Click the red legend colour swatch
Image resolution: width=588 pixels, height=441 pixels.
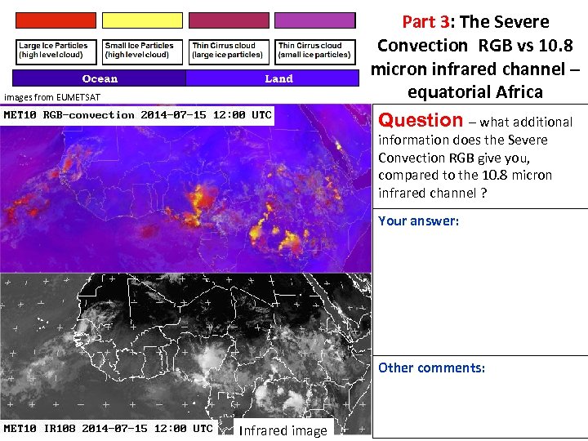pyautogui.click(x=56, y=20)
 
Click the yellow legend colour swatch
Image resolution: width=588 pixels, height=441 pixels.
pyautogui.click(x=142, y=20)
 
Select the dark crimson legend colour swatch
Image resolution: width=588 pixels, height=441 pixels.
pyautogui.click(x=229, y=20)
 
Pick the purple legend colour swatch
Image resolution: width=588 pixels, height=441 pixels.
pyautogui.click(x=315, y=20)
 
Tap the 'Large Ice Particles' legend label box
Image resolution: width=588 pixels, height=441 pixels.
pyautogui.click(x=56, y=51)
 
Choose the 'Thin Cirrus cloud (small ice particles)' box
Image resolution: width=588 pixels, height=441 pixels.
pyautogui.click(x=315, y=51)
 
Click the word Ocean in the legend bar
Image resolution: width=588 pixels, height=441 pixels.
pyautogui.click(x=100, y=78)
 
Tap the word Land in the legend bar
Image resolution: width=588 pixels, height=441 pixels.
pyautogui.click(x=278, y=78)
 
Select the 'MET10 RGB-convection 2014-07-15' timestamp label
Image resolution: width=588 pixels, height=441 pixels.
pyautogui.click(x=137, y=115)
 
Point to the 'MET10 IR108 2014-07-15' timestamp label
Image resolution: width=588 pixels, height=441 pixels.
pyautogui.click(x=109, y=428)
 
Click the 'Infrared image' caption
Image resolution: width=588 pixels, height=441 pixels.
pyautogui.click(x=283, y=430)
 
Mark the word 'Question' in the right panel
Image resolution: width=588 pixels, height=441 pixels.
pyautogui.click(x=421, y=120)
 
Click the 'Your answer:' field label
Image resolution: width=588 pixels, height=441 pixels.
pyautogui.click(x=418, y=220)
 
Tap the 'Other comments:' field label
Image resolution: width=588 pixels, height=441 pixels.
pyautogui.click(x=431, y=367)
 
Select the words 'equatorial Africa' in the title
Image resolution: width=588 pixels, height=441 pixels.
pyautogui.click(x=475, y=91)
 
